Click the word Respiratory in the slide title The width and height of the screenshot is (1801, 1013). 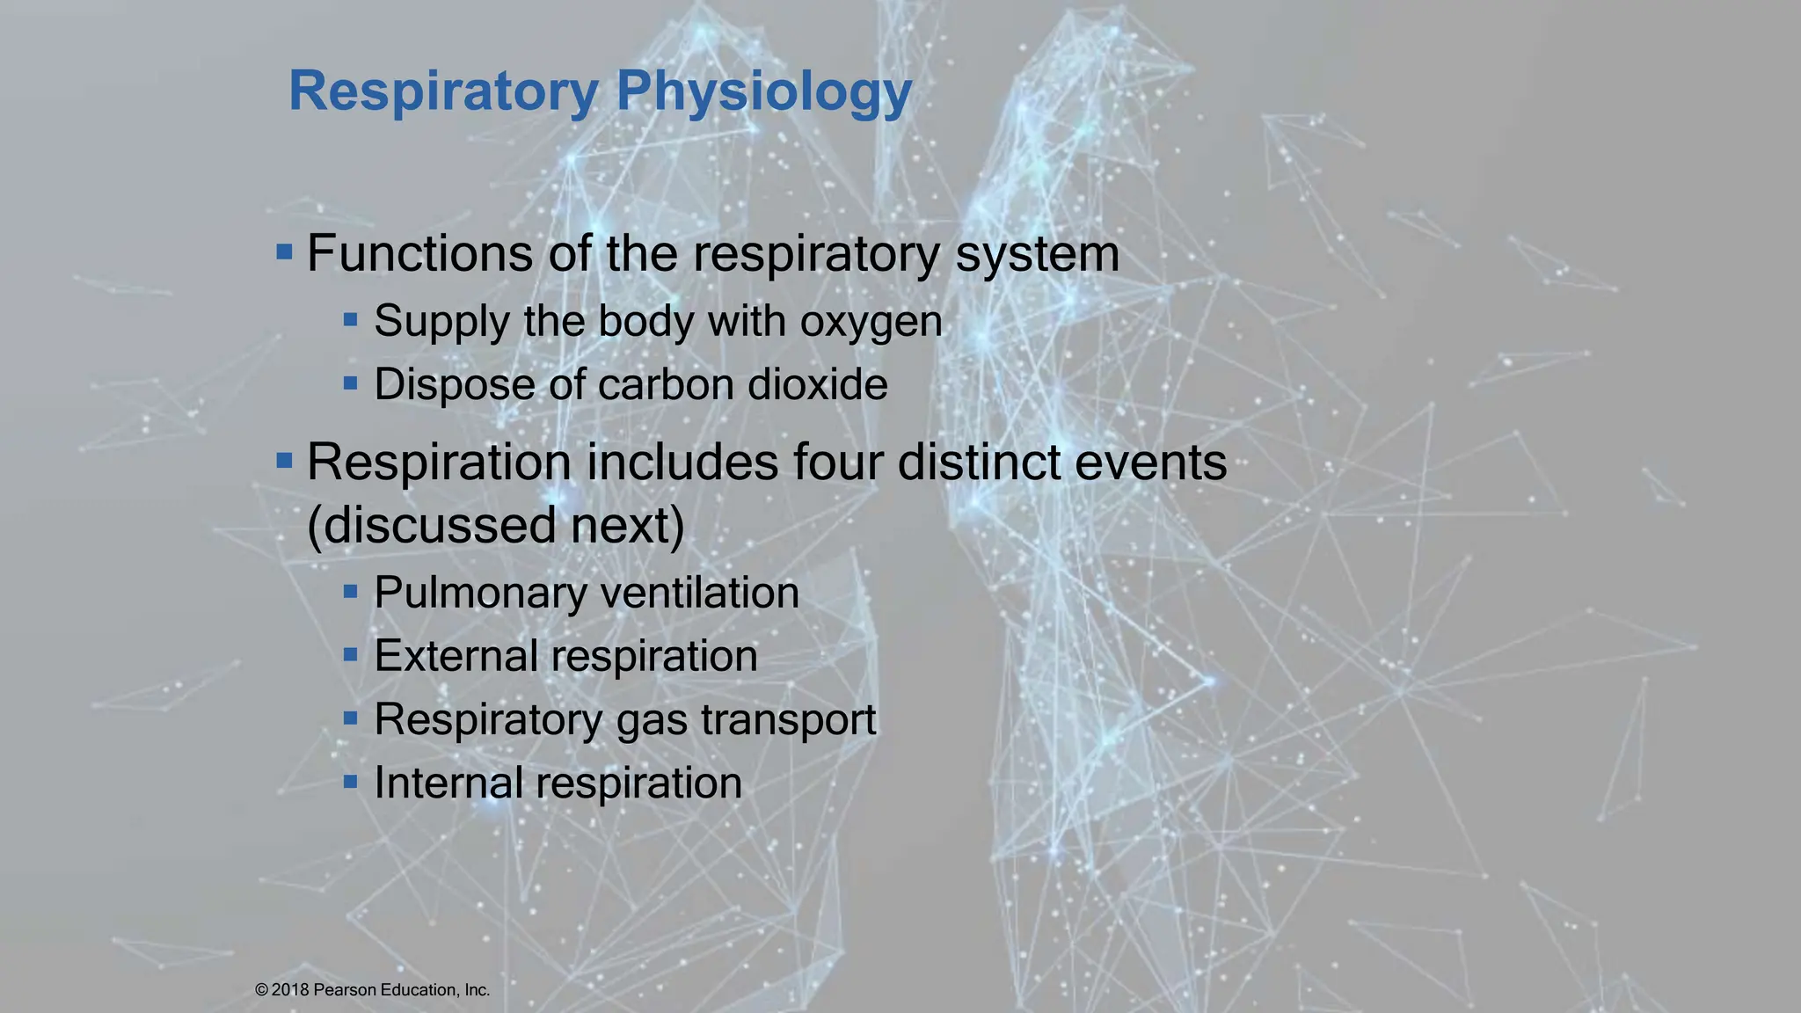click(443, 91)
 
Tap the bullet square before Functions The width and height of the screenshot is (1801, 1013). click(284, 253)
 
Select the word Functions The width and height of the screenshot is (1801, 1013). click(419, 253)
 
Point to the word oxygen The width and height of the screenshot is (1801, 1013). click(871, 322)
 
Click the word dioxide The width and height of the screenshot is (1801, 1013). click(817, 385)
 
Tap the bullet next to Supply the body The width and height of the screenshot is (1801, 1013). click(351, 320)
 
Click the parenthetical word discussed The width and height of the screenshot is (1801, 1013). click(431, 526)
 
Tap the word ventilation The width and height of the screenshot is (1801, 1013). click(700, 593)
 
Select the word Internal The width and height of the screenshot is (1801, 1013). click(448, 783)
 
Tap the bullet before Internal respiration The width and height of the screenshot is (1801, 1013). click(351, 781)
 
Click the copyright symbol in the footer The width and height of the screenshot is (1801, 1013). click(261, 990)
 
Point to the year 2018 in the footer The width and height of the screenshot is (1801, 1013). click(290, 990)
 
